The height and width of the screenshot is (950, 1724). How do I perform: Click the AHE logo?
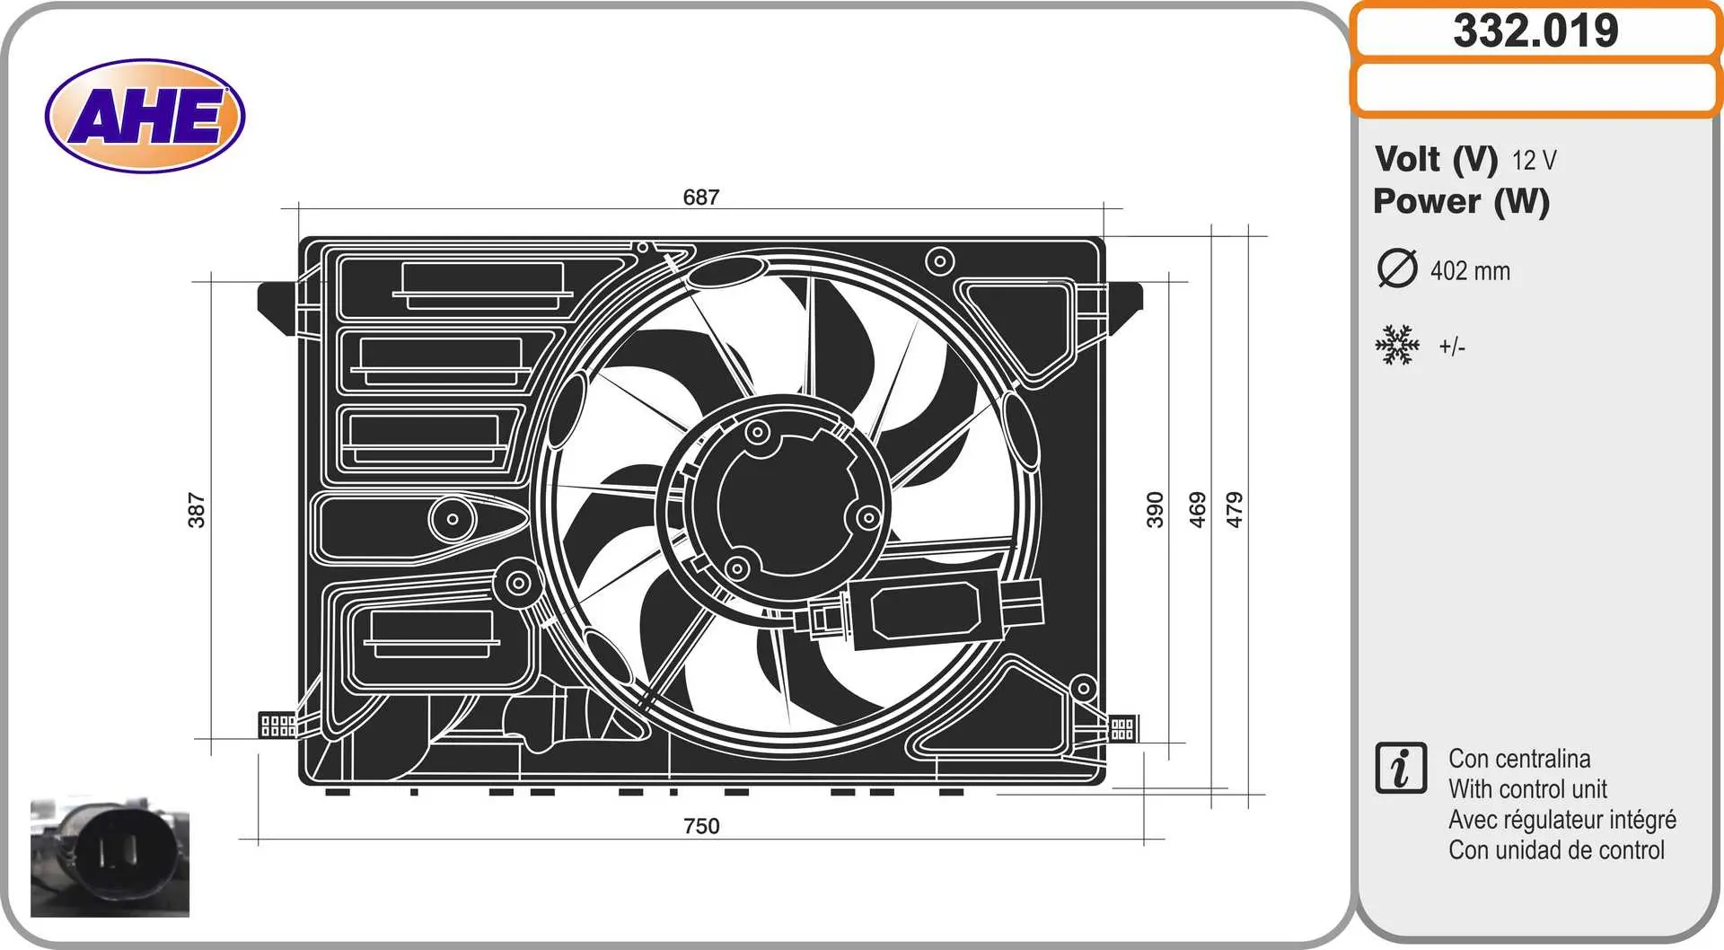145,116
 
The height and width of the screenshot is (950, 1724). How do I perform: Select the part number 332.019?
1535,31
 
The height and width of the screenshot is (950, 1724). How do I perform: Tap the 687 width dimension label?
701,197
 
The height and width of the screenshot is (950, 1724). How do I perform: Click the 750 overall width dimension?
701,826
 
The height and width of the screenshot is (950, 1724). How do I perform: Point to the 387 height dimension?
197,510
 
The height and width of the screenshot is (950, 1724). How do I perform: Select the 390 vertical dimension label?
1155,509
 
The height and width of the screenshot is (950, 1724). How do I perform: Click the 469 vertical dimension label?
1197,509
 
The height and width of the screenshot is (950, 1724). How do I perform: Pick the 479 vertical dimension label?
1235,509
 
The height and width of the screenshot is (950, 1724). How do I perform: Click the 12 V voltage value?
1534,161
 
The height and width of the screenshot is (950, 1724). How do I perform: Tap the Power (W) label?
1462,201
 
